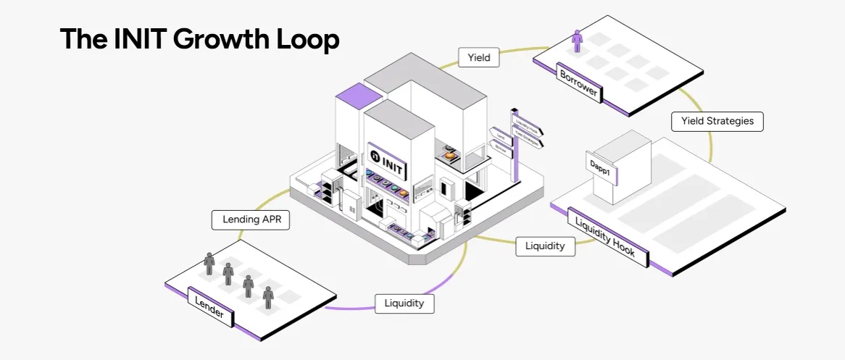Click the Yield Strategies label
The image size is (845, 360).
717,121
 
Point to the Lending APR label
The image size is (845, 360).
251,220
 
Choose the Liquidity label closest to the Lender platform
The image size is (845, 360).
404,303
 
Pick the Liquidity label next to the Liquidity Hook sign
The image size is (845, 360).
545,246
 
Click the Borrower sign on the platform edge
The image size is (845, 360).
578,82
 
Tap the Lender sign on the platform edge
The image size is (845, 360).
210,306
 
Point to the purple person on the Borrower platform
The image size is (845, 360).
578,41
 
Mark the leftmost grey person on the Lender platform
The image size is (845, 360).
209,262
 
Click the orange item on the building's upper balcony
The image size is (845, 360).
450,154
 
